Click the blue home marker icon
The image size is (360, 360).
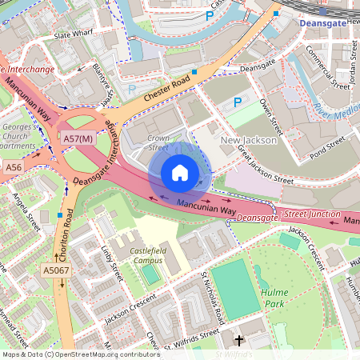180,173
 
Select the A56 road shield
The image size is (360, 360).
14,168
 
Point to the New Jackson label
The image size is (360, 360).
249,140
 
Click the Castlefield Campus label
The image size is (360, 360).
149,256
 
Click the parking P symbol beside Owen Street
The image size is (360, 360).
237,102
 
